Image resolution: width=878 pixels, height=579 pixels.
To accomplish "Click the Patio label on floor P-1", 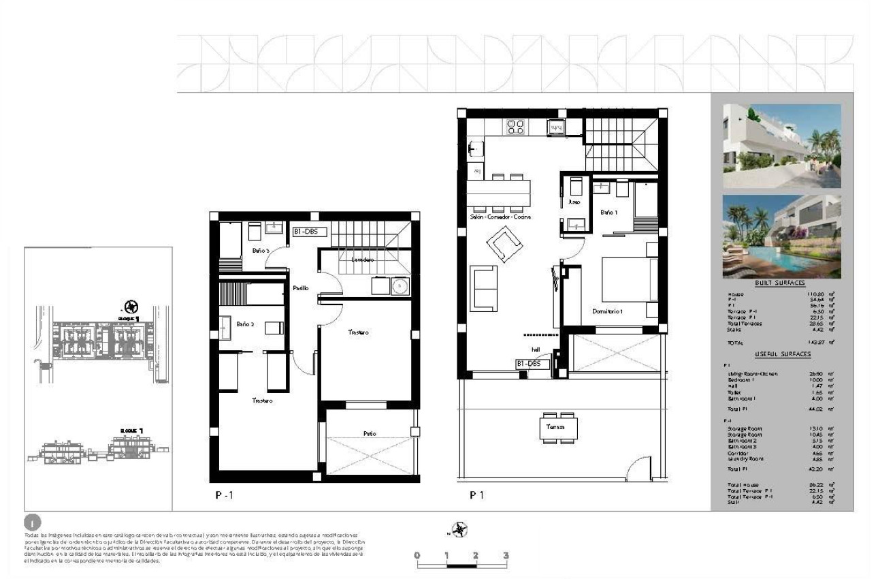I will pos(369,433).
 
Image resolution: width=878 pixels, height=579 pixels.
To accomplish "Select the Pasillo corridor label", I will pos(301,288).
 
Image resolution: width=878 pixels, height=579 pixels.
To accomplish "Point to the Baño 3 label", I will pos(261,251).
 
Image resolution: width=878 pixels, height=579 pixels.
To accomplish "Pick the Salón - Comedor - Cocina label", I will pos(500,217).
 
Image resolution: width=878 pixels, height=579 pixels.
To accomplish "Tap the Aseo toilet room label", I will pos(574,202).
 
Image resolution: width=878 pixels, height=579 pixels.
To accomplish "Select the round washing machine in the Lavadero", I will pos(400,285).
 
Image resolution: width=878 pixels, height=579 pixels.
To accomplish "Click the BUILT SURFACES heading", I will pos(779,283).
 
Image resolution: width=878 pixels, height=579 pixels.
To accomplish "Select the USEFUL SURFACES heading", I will pos(782,354).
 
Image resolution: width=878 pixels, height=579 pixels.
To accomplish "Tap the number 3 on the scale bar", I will pos(505,555).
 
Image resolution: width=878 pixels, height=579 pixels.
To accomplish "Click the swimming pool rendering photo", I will pos(781,236).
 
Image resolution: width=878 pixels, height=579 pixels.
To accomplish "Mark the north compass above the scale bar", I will pos(461,528).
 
